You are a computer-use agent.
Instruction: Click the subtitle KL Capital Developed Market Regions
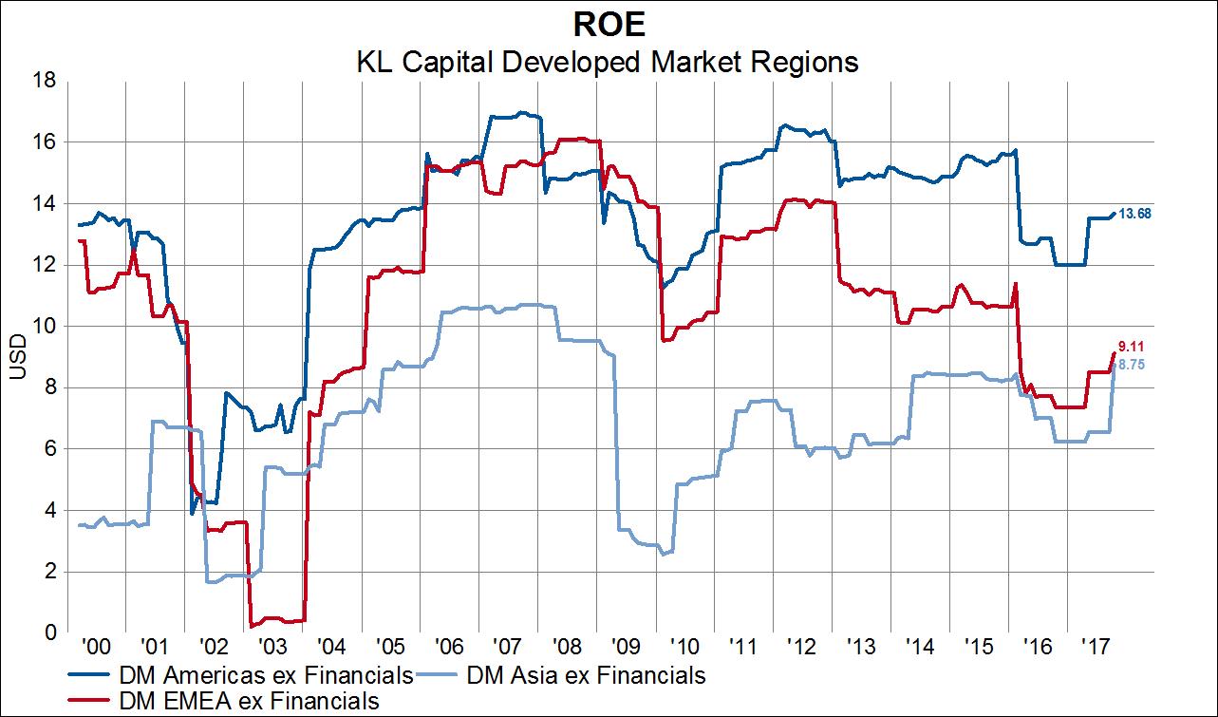click(608, 62)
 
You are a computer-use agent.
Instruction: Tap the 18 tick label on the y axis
click(44, 82)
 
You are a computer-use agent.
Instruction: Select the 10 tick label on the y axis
click(44, 326)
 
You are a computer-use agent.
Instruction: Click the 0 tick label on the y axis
click(49, 632)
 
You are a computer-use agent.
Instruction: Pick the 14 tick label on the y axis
click(44, 203)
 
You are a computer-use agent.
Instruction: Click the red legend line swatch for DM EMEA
click(91, 701)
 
